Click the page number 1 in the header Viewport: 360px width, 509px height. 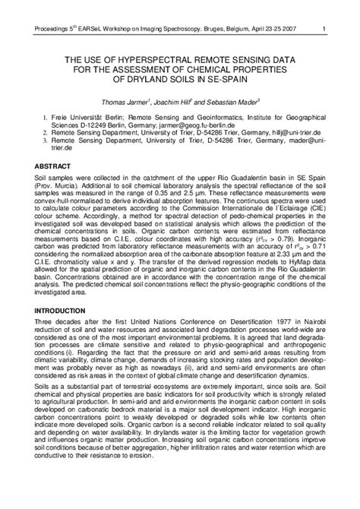point(324,9)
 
